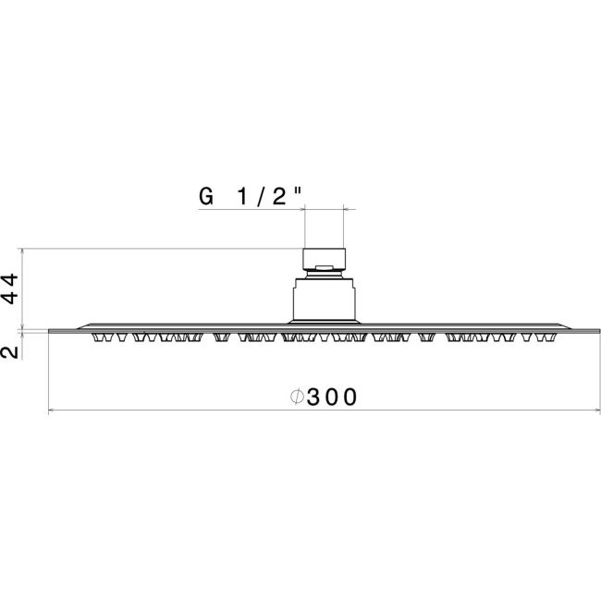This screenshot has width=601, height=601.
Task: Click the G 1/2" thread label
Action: tap(251, 196)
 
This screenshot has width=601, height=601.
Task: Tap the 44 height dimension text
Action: tap(10, 288)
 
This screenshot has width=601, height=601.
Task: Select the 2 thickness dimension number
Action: tap(10, 352)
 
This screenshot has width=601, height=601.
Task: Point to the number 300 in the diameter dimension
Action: tap(332, 397)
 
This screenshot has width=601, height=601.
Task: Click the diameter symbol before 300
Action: tap(297, 397)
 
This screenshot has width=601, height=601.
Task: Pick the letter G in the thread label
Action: tap(206, 196)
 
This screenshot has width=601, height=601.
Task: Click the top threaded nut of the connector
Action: tap(325, 258)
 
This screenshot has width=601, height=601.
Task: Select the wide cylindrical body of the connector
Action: tap(325, 300)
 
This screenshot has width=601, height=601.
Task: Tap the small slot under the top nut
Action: tap(324, 267)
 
